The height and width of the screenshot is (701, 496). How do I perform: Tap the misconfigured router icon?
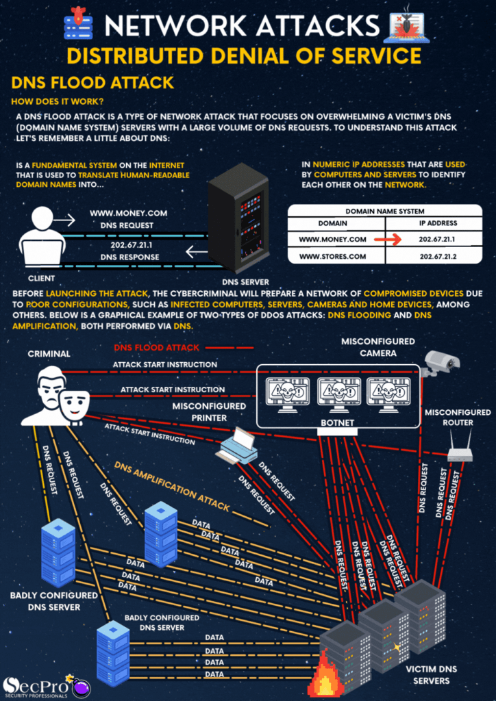[x=459, y=453]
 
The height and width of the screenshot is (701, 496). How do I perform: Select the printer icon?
[x=236, y=444]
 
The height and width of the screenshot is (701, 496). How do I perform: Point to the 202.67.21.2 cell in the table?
[x=438, y=256]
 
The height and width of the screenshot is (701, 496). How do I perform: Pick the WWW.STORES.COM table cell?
[x=332, y=256]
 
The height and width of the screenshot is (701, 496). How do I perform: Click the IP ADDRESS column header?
[x=438, y=223]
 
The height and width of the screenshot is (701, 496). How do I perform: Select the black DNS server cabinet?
[x=239, y=220]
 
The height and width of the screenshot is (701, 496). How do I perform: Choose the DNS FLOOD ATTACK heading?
[x=92, y=84]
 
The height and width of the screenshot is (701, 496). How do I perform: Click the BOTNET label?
[x=337, y=423]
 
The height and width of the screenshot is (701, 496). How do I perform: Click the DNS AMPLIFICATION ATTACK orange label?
[x=173, y=486]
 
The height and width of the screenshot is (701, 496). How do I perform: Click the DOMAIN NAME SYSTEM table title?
[x=384, y=212]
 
